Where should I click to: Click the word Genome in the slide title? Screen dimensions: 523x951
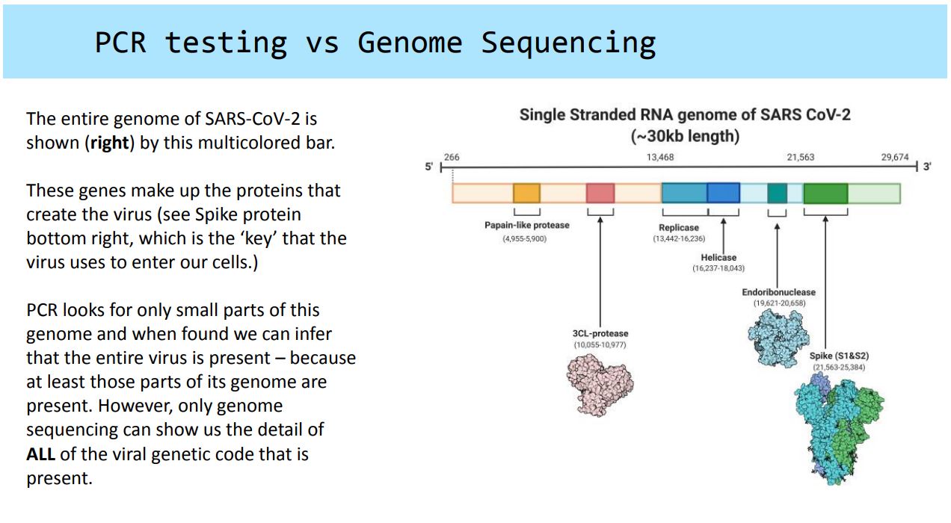pyautogui.click(x=410, y=43)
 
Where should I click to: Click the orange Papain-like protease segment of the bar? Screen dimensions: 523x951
pyautogui.click(x=526, y=194)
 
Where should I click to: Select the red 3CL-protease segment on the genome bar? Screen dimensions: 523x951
pyautogui.click(x=600, y=194)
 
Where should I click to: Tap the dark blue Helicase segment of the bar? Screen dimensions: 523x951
pyautogui.click(x=723, y=194)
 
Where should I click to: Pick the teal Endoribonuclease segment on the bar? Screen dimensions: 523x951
pyautogui.click(x=777, y=194)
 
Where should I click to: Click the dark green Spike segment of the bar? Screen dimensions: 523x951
pyautogui.click(x=825, y=194)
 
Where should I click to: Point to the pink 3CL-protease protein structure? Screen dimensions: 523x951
pyautogui.click(x=600, y=385)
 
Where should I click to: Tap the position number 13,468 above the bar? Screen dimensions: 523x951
pyautogui.click(x=660, y=157)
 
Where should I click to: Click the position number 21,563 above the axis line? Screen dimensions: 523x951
pyautogui.click(x=800, y=157)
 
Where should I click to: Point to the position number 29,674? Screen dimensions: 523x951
pyautogui.click(x=895, y=157)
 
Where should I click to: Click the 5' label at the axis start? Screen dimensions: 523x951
pyautogui.click(x=429, y=167)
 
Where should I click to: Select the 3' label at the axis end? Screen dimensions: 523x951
pyautogui.click(x=927, y=167)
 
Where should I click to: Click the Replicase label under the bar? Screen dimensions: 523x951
pyautogui.click(x=679, y=228)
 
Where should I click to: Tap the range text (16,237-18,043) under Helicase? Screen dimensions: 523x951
pyautogui.click(x=718, y=268)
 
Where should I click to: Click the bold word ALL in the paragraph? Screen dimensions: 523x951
pyautogui.click(x=41, y=454)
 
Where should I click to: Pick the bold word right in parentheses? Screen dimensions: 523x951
pyautogui.click(x=110, y=143)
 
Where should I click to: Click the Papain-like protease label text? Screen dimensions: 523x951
pyautogui.click(x=526, y=226)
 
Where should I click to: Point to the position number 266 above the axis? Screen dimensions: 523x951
pyautogui.click(x=452, y=157)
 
